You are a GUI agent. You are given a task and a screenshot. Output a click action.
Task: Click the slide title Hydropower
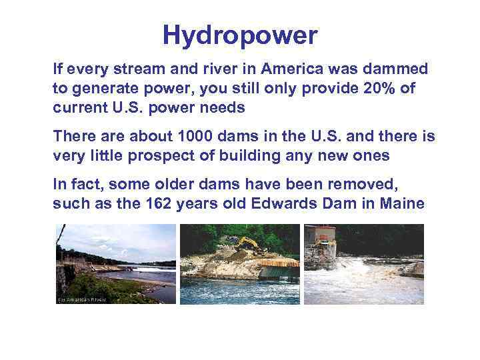[240, 35]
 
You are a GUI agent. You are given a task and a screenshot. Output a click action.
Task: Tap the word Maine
[401, 203]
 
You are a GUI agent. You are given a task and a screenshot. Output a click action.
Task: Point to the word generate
[100, 89]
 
